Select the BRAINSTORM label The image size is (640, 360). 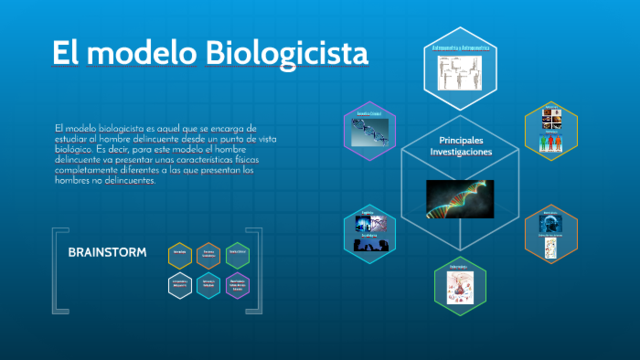[x=107, y=252]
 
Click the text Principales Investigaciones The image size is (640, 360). [x=461, y=145]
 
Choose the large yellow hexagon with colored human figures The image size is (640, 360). [x=552, y=131]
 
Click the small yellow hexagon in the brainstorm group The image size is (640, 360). [x=180, y=254]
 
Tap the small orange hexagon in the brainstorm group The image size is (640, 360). [x=209, y=254]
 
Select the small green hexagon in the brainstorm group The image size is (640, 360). [x=238, y=254]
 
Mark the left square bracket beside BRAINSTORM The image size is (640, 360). [x=55, y=270]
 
